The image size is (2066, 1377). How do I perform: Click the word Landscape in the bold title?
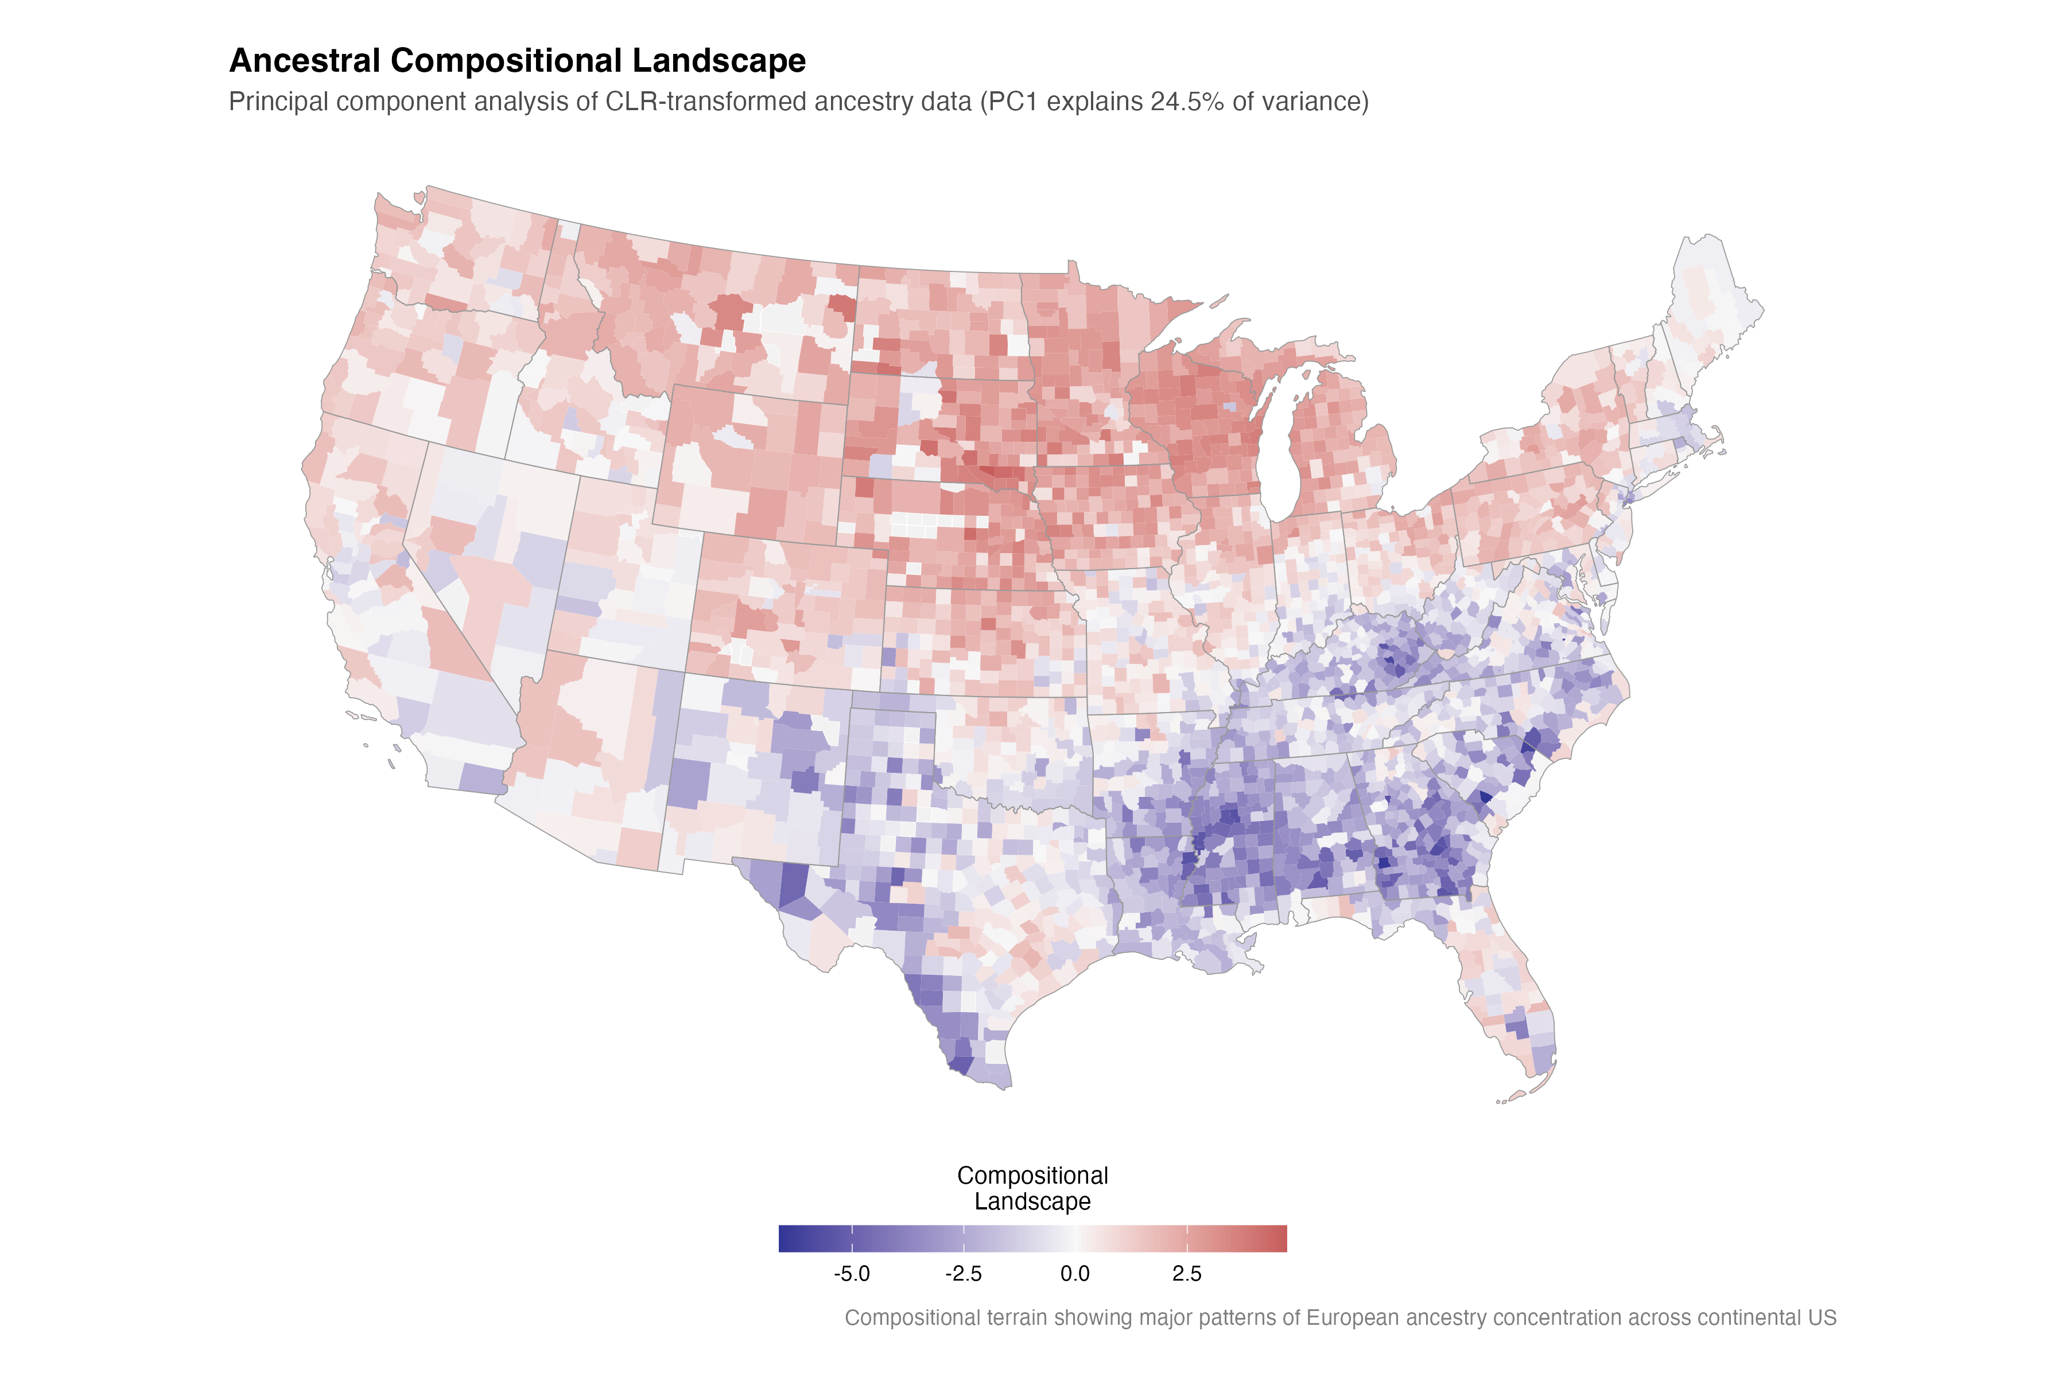coord(719,61)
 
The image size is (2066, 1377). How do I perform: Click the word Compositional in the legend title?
coord(1032,1175)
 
